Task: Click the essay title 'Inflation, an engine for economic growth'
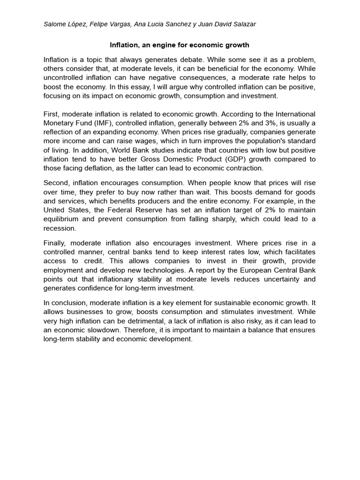point(180,45)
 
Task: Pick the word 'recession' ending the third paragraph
point(60,228)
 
